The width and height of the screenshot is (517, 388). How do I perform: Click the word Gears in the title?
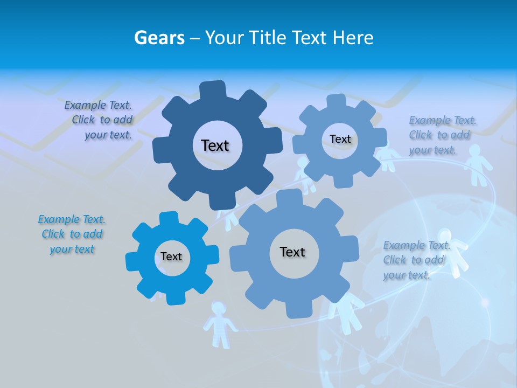pyautogui.click(x=159, y=38)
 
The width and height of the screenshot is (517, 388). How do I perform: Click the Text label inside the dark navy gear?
pyautogui.click(x=215, y=145)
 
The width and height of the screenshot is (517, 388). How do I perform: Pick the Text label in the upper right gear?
pyautogui.click(x=340, y=139)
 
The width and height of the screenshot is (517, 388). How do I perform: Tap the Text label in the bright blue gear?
pyautogui.click(x=171, y=257)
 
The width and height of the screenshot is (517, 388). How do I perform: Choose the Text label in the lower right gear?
pyautogui.click(x=292, y=252)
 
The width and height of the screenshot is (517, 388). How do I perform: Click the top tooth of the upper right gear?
pyautogui.click(x=336, y=101)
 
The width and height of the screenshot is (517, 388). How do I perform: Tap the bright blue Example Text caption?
pyautogui.click(x=72, y=234)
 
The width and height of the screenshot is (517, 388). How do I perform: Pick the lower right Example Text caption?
pyautogui.click(x=416, y=260)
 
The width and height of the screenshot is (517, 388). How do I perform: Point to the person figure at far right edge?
pyautogui.click(x=475, y=164)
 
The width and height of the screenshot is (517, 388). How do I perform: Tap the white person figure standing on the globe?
pyautogui.click(x=451, y=253)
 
